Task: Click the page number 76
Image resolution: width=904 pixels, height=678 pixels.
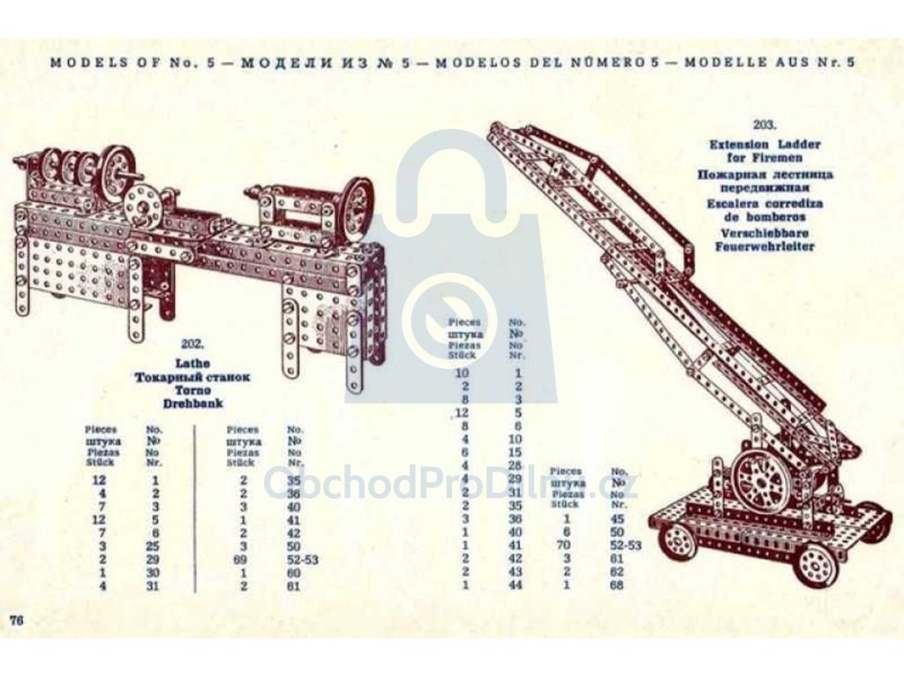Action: pyautogui.click(x=16, y=620)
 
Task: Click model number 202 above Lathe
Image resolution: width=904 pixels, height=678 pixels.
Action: pyautogui.click(x=192, y=344)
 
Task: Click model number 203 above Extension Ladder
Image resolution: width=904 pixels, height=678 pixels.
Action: pyautogui.click(x=765, y=124)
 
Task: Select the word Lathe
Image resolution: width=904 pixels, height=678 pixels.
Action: pyautogui.click(x=192, y=363)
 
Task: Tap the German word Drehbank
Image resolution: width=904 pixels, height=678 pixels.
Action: pyautogui.click(x=192, y=403)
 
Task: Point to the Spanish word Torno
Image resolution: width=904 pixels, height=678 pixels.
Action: pyautogui.click(x=192, y=390)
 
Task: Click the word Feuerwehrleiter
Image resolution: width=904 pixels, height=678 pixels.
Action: pyautogui.click(x=765, y=247)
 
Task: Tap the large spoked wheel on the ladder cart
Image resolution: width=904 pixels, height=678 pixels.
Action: pyautogui.click(x=758, y=479)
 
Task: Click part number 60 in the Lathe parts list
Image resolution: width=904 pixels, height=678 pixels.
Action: pyautogui.click(x=293, y=573)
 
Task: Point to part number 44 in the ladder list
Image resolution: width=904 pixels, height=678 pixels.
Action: pyautogui.click(x=516, y=584)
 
